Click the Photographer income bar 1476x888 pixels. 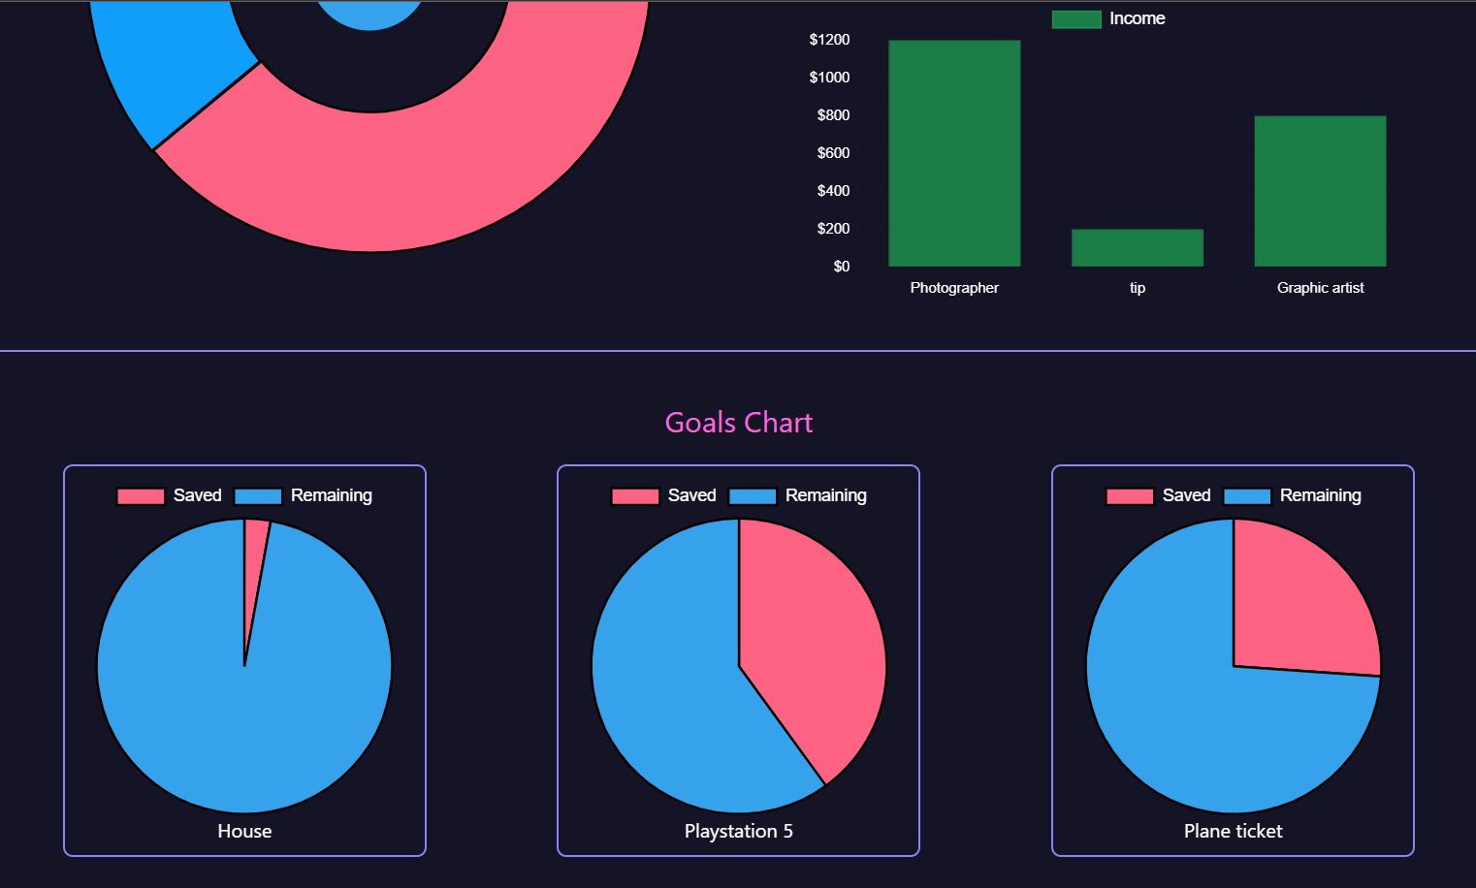(954, 153)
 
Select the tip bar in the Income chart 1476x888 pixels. (1137, 248)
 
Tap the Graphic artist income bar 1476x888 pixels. (1320, 191)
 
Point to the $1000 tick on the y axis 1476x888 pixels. (829, 78)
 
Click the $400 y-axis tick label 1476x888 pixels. (833, 191)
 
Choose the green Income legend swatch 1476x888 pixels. (1075, 19)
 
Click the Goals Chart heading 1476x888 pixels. (738, 423)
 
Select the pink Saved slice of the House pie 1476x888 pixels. (254, 562)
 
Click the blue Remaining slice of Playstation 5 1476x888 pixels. (669, 698)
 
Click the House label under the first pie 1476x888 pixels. (244, 831)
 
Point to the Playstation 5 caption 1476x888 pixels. (738, 831)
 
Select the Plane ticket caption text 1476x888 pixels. (1233, 831)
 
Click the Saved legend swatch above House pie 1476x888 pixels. (141, 496)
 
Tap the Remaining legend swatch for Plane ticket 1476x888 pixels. (1247, 496)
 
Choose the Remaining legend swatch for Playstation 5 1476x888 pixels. (753, 496)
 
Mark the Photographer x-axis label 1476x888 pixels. (954, 288)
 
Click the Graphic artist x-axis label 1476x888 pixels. (1320, 288)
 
